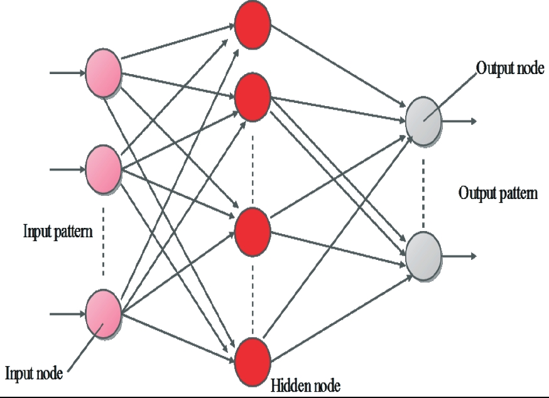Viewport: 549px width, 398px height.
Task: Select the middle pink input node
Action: tap(103, 168)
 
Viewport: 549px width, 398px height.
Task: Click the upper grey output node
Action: tap(423, 119)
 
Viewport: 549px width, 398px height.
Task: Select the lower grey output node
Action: tap(423, 254)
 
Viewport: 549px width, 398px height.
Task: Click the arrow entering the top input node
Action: tap(67, 73)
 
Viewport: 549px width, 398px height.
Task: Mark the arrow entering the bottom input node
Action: tap(67, 311)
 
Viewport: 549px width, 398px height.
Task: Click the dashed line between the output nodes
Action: tap(423, 186)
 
